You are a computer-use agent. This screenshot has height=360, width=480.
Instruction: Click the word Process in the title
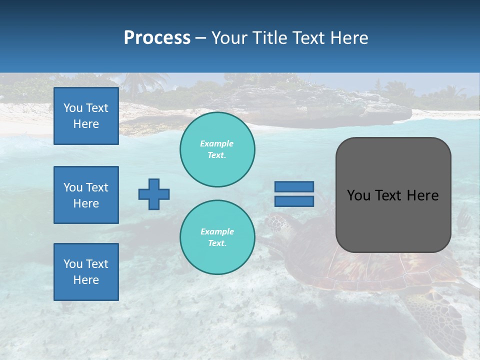coord(157,38)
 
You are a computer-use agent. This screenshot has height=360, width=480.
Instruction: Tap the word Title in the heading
coord(270,38)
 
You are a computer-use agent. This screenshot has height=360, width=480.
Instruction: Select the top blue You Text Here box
coord(86,116)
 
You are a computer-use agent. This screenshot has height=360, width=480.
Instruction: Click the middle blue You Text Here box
coord(86,195)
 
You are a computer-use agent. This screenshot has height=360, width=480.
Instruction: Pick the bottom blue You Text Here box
coord(86,272)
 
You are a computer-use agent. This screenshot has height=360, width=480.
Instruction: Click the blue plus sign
coord(154,194)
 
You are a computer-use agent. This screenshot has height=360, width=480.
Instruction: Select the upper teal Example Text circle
coord(217,149)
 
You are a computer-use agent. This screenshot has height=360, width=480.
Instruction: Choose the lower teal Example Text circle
coord(217,237)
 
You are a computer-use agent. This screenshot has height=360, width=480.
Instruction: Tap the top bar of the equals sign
coord(294,187)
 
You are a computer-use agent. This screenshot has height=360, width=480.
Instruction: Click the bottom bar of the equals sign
coord(294,201)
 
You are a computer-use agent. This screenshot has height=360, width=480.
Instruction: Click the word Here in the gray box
coord(423,195)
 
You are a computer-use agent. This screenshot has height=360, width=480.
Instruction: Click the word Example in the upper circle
coord(217,143)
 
